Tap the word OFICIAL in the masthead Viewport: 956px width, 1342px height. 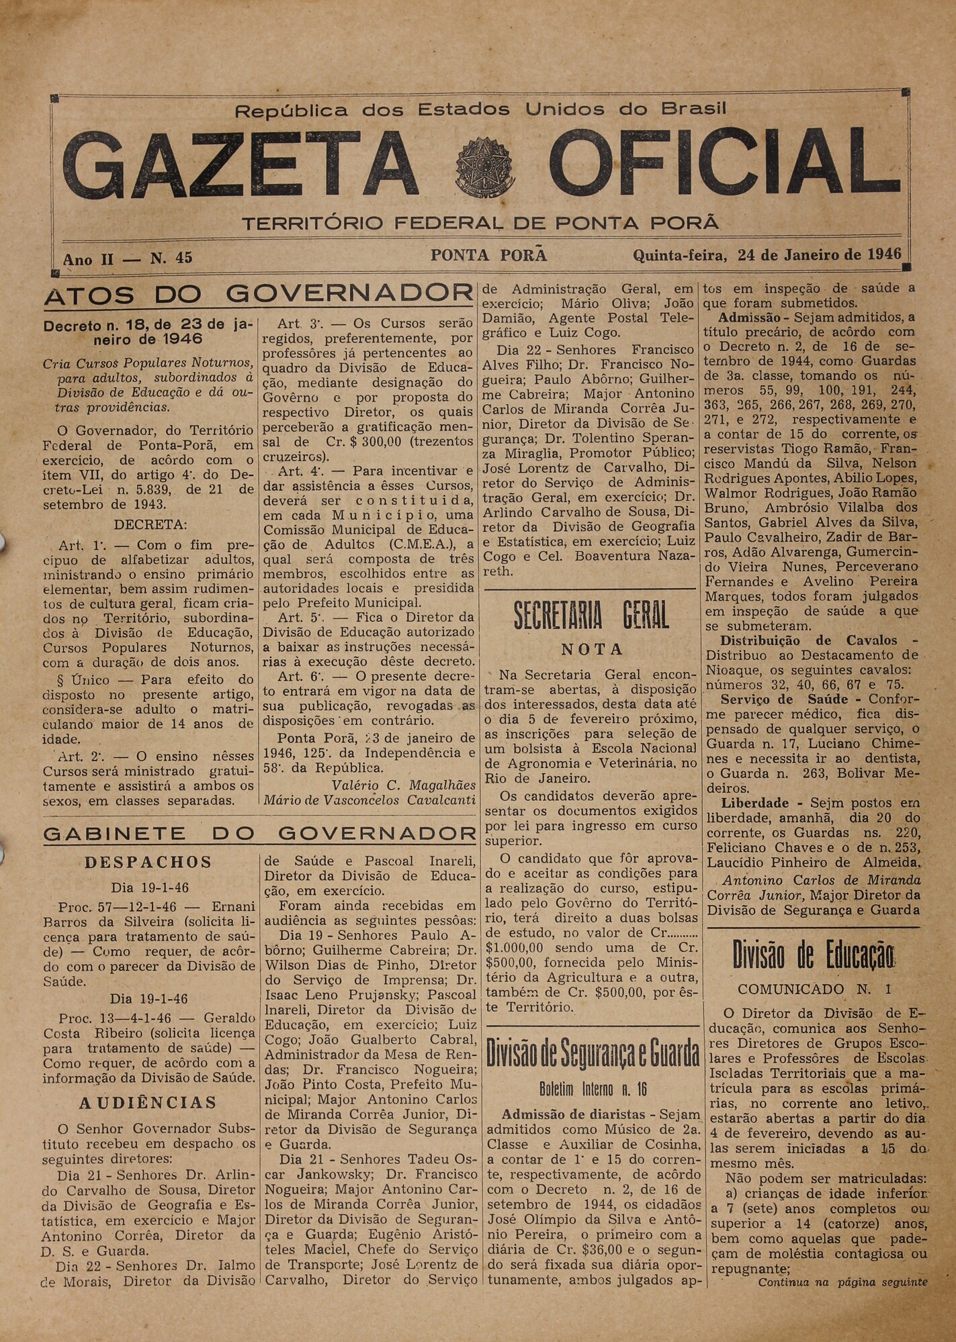click(719, 167)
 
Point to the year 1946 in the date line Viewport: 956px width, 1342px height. click(883, 255)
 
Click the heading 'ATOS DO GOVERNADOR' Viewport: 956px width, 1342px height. click(259, 294)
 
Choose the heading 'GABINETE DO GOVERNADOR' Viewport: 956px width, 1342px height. click(259, 834)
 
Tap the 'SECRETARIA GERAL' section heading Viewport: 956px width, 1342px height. click(591, 616)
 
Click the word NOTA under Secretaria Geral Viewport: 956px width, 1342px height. click(592, 650)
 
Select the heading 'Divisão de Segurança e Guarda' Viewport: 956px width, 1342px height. click(593, 1054)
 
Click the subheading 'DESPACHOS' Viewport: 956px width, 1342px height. click(148, 863)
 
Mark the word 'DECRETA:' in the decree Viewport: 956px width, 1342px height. click(150, 524)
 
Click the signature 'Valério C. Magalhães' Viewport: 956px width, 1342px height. click(403, 785)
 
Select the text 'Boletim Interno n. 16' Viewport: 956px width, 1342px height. click(593, 1088)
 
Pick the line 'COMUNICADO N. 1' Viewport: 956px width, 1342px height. click(813, 990)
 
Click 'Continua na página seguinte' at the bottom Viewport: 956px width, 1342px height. click(842, 1282)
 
